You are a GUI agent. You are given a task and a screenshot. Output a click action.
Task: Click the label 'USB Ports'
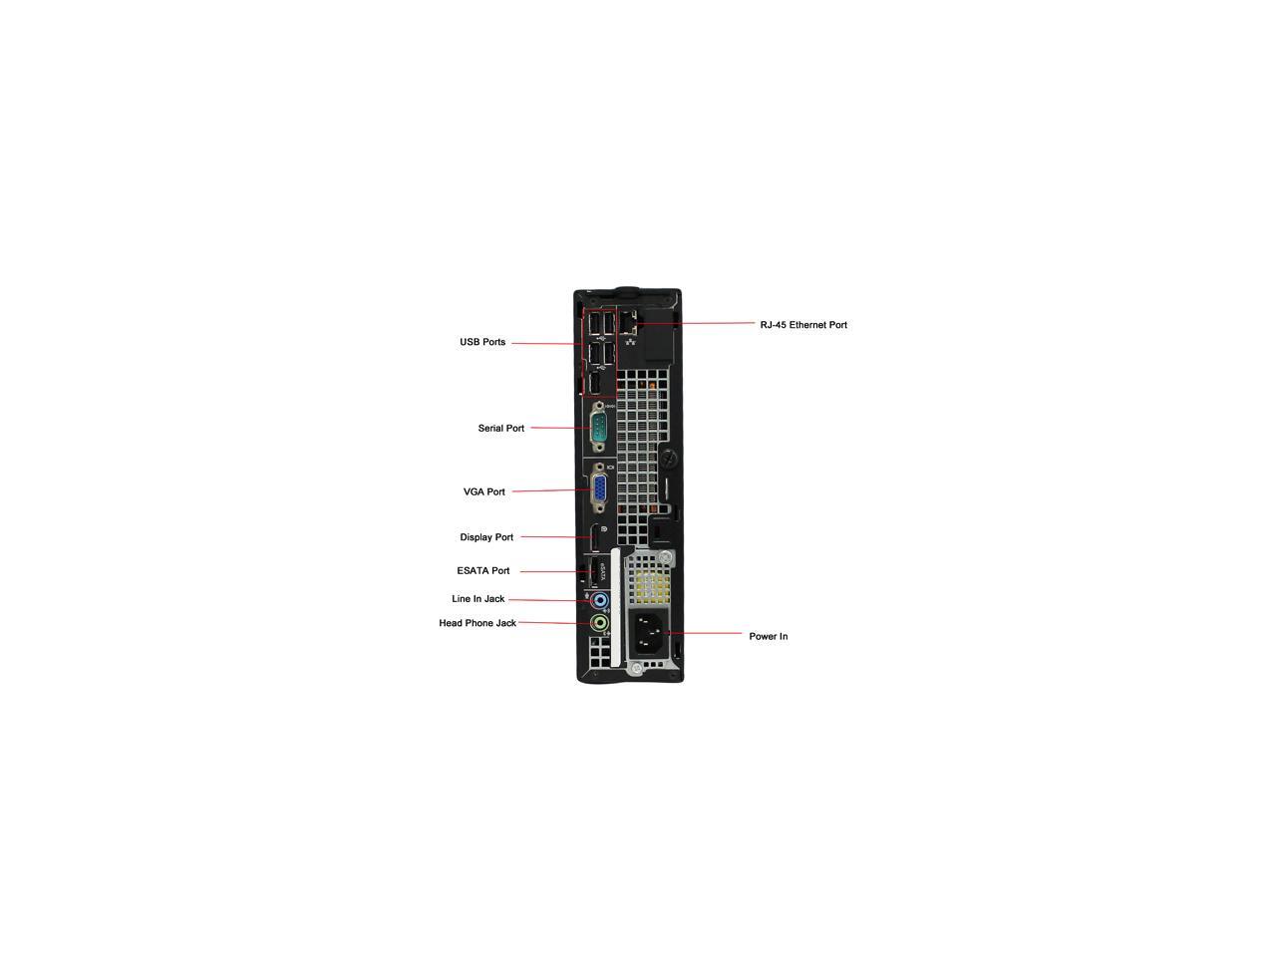pyautogui.click(x=482, y=342)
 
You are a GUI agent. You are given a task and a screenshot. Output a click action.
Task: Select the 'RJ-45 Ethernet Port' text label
pyautogui.click(x=803, y=325)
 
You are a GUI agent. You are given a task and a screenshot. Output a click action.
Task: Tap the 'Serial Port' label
pyautogui.click(x=500, y=428)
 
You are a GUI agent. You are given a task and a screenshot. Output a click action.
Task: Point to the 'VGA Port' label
pyautogui.click(x=484, y=491)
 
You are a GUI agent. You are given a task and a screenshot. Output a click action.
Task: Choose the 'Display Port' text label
pyautogui.click(x=486, y=537)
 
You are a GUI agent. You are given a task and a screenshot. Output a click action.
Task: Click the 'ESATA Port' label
pyautogui.click(x=483, y=571)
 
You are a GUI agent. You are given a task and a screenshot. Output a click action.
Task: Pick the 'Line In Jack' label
pyautogui.click(x=478, y=599)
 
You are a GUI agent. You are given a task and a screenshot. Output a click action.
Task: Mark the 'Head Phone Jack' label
pyautogui.click(x=478, y=623)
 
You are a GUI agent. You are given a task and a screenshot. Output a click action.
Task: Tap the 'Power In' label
pyautogui.click(x=769, y=636)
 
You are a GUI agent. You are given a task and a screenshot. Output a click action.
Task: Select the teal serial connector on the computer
pyautogui.click(x=598, y=429)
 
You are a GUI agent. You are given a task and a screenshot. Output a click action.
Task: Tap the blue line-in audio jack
pyautogui.click(x=599, y=601)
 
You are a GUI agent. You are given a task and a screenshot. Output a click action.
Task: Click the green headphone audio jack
pyautogui.click(x=599, y=624)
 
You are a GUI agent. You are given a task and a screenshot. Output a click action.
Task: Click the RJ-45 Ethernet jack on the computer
pyautogui.click(x=628, y=322)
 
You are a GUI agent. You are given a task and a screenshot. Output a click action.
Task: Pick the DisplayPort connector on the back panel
pyautogui.click(x=593, y=537)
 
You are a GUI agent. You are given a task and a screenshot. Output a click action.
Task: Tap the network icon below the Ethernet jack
pyautogui.click(x=630, y=342)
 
